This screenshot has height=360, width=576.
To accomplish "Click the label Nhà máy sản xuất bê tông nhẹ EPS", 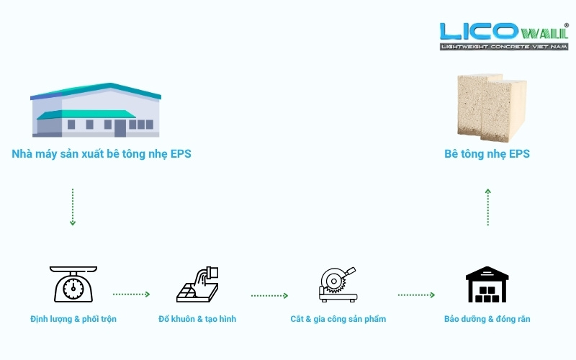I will click(x=102, y=154).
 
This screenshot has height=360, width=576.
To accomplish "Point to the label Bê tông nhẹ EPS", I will click(x=487, y=154).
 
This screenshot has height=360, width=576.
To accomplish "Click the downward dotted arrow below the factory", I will click(x=73, y=207).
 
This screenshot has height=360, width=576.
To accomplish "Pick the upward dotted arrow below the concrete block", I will click(x=487, y=207).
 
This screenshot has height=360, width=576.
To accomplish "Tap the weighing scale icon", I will click(x=73, y=284).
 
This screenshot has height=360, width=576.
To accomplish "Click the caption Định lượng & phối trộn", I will click(x=73, y=318).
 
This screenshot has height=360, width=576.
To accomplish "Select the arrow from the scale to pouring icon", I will click(x=131, y=294).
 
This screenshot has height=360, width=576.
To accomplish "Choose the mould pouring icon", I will click(x=198, y=284).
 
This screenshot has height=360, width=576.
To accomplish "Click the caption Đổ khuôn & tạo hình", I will click(x=197, y=318).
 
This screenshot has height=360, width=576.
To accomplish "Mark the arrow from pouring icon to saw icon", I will click(x=269, y=295).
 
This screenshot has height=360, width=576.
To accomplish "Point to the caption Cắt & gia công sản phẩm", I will click(x=338, y=318).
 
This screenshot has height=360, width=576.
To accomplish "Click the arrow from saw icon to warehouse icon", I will click(x=416, y=294).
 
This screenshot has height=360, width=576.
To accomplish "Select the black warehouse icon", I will click(x=487, y=284).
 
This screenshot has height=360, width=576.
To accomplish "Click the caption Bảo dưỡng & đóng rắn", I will click(x=487, y=318).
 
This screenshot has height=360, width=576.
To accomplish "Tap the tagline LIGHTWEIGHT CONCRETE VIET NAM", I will click(x=504, y=46).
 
